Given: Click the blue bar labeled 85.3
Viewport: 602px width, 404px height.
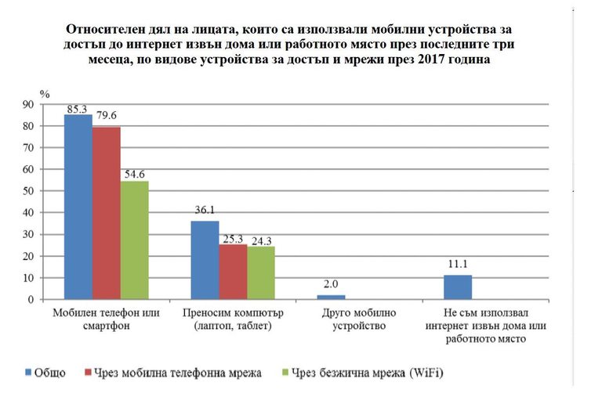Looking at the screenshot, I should (78, 207).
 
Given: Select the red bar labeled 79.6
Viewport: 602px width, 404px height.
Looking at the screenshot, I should (107, 213).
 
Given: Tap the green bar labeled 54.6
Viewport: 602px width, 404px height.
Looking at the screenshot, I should (134, 240).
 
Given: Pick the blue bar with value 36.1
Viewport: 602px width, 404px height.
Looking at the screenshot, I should (205, 260).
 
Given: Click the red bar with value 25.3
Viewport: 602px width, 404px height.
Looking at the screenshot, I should (233, 272).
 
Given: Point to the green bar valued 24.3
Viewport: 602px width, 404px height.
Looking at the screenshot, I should (261, 273).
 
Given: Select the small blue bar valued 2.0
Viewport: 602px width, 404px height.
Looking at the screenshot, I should (332, 297).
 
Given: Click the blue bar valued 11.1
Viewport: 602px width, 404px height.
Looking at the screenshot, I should (459, 287).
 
